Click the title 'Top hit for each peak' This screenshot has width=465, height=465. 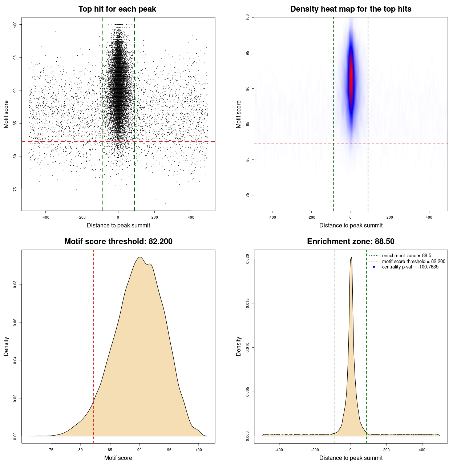tap(117, 9)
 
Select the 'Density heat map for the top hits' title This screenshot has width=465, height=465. tap(351, 9)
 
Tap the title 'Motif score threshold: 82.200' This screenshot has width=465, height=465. tap(118, 242)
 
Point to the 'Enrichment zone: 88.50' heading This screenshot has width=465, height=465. tap(351, 242)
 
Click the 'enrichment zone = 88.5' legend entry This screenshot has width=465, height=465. tap(406, 256)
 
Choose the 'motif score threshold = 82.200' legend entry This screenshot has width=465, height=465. tap(413, 262)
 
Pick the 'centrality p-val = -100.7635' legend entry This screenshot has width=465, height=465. tap(410, 267)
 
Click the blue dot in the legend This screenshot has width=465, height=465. tap(374, 267)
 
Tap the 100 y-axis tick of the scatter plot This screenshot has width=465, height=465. tap(15, 24)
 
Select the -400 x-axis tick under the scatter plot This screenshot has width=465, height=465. tap(45, 217)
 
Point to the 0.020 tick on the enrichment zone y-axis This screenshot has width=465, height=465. tap(248, 259)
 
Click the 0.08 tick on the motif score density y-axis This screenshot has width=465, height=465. tap(15, 284)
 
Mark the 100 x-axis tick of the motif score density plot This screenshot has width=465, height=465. tap(198, 450)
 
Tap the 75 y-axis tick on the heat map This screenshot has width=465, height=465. tap(248, 195)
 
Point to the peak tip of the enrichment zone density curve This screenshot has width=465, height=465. tap(351, 258)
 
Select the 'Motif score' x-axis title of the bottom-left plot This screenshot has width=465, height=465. tap(118, 458)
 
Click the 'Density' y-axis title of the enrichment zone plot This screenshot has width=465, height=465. tap(239, 346)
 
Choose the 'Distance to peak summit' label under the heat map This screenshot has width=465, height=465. tap(351, 225)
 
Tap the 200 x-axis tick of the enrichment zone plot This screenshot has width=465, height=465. tap(386, 450)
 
